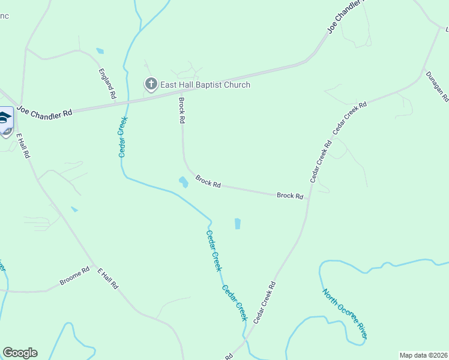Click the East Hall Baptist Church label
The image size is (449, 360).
(x=205, y=85)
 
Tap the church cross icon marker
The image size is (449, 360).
(x=151, y=85)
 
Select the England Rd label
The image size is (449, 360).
(x=107, y=83)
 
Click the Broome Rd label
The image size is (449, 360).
(x=74, y=276)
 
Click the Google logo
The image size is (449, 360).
(x=20, y=353)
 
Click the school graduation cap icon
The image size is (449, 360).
(x=5, y=118)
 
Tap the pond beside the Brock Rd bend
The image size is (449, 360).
(x=183, y=181)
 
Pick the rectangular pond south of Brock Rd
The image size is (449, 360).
(x=237, y=224)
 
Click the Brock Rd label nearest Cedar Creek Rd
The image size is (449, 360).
(x=289, y=196)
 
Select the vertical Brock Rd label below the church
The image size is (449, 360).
(x=181, y=110)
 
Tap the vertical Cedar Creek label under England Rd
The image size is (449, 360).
(x=122, y=137)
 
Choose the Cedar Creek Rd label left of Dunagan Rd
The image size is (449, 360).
(x=349, y=117)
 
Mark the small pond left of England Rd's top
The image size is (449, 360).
(x=100, y=51)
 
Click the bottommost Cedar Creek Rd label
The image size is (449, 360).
(x=265, y=302)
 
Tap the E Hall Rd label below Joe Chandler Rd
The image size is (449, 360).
(x=23, y=146)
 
